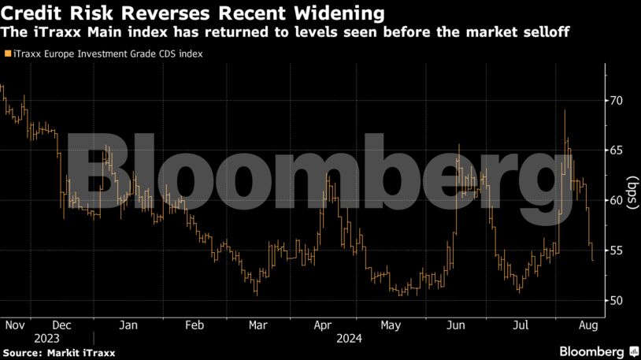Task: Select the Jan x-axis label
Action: [x=128, y=325]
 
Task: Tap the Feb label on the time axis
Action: [x=195, y=325]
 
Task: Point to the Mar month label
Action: [x=258, y=325]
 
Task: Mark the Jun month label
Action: [x=455, y=325]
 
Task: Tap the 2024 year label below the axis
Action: [x=348, y=339]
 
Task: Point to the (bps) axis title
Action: [x=632, y=200]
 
